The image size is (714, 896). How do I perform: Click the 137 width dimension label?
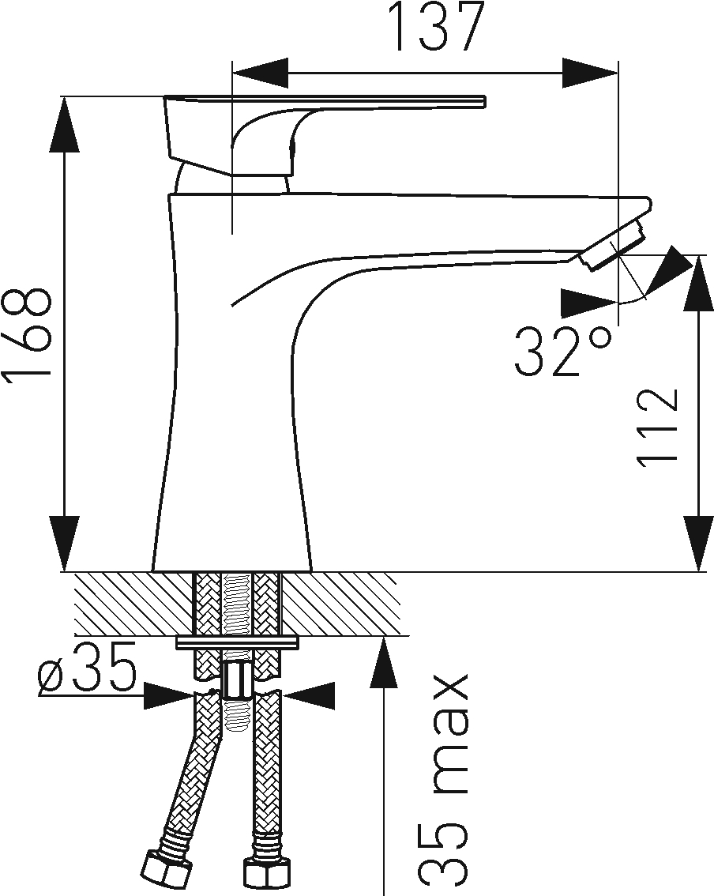click(437, 27)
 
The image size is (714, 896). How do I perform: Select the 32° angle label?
click(562, 351)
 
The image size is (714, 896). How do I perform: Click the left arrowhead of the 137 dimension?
click(261, 73)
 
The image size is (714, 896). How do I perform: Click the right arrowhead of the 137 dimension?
click(589, 73)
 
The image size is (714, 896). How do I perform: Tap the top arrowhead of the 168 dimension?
click(64, 125)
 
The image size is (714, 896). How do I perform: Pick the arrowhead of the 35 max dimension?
click(384, 664)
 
